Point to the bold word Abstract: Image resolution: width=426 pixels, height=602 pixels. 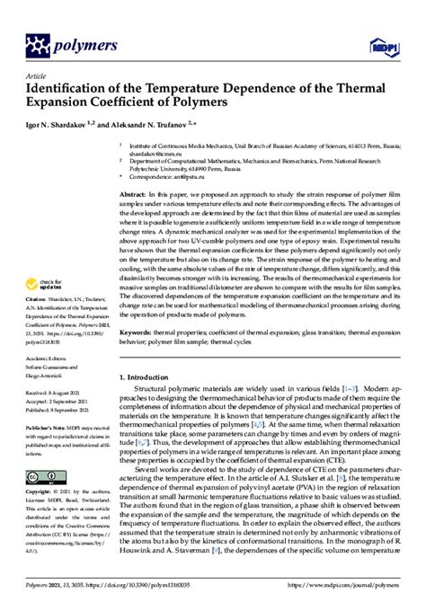pos(136,194)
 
